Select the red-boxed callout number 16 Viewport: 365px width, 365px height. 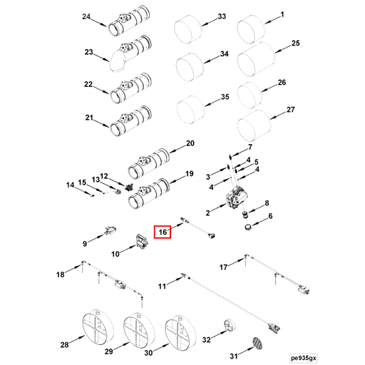tap(162, 232)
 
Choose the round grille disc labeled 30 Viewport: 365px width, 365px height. tap(180, 332)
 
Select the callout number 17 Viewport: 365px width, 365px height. tap(223, 267)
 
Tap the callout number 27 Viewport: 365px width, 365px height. tap(290, 110)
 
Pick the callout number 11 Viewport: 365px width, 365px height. tap(162, 286)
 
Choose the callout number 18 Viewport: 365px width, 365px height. tap(61, 274)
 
